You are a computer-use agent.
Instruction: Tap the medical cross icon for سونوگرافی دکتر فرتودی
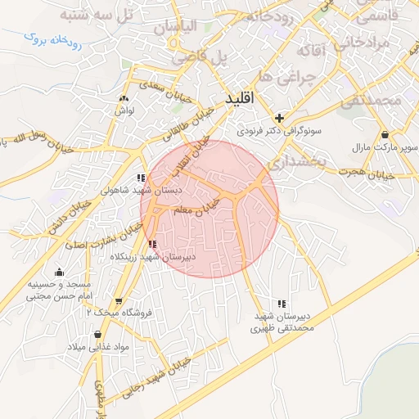[x=280, y=117]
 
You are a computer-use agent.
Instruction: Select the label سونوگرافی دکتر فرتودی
[x=280, y=130]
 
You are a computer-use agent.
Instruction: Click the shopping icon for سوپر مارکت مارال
[x=385, y=134]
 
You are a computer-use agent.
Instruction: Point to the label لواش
[x=124, y=109]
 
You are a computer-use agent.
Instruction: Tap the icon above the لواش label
[x=124, y=97]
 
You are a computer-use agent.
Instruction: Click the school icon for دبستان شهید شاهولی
[x=142, y=177]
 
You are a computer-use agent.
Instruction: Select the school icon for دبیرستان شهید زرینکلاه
[x=153, y=243]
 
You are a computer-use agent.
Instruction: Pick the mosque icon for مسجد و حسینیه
[x=58, y=273]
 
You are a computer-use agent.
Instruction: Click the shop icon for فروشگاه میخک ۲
[x=119, y=301]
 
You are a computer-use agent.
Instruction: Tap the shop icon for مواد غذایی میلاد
[x=98, y=334]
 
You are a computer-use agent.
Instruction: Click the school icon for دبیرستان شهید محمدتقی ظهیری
[x=282, y=304]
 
